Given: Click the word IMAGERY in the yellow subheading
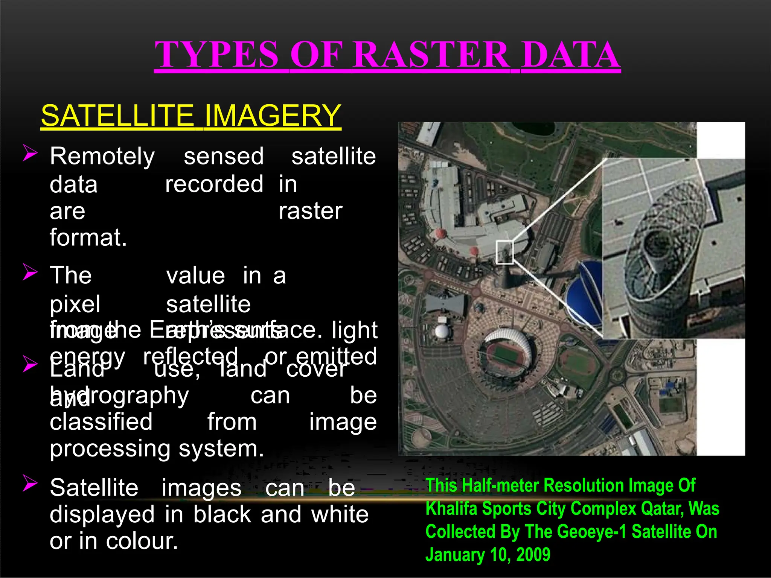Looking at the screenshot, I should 272,116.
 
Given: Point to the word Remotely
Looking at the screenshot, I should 102,157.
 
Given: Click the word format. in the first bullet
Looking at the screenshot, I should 88,237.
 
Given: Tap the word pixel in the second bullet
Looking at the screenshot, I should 75,304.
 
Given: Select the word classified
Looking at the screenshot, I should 101,421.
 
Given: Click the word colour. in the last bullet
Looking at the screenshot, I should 142,541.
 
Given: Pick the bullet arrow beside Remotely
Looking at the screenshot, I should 30,153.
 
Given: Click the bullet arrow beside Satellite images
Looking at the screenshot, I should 30,483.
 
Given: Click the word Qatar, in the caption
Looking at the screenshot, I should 662,509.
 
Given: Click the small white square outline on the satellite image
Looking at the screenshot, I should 504,252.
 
